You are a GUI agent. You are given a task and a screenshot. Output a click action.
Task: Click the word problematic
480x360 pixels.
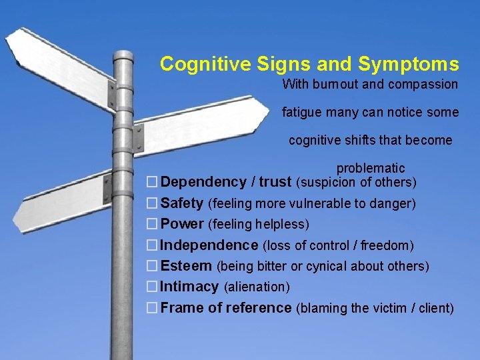(370, 168)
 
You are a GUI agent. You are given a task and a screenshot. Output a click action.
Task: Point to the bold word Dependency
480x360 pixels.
(203, 182)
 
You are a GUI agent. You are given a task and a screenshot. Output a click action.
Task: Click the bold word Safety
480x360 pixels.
(181, 203)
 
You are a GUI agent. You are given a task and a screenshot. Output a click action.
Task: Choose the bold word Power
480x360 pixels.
(182, 224)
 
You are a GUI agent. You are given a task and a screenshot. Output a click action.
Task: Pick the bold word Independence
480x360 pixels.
(209, 245)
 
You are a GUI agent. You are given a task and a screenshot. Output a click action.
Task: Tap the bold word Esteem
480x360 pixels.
(186, 266)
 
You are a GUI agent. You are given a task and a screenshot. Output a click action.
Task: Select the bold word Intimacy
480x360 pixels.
(189, 287)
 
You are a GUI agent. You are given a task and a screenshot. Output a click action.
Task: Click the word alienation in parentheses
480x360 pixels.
(257, 287)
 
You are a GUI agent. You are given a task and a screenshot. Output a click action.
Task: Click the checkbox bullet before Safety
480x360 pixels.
(153, 203)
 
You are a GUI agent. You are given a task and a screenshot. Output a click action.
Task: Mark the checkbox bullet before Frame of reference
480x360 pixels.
(153, 308)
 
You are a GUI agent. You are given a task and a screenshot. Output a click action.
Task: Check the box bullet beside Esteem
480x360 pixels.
(153, 266)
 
